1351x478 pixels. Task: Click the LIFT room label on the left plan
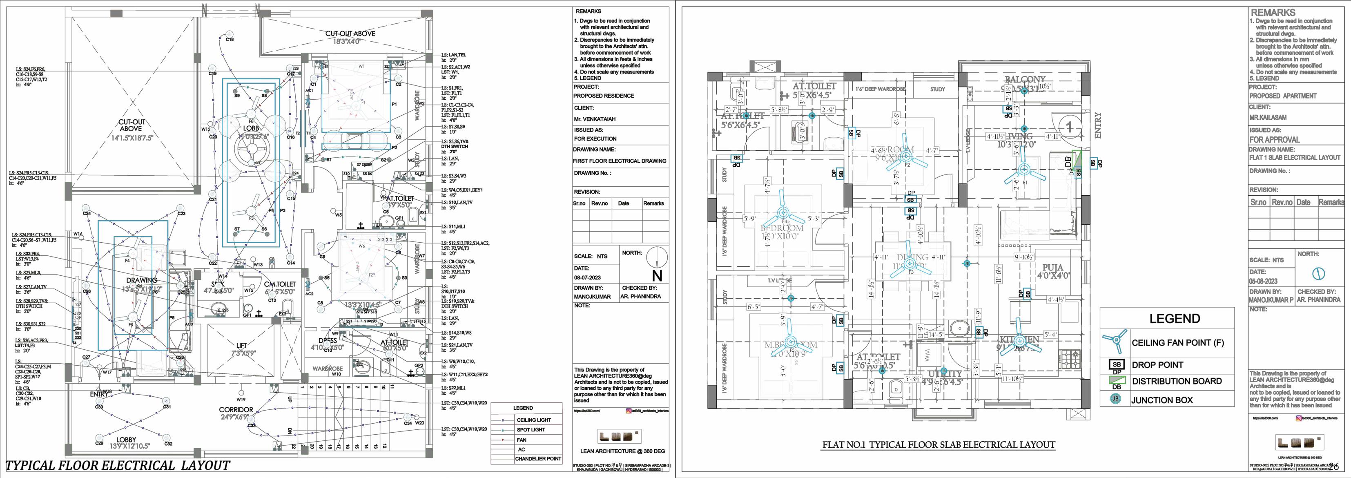241,345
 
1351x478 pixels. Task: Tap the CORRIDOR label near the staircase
236,410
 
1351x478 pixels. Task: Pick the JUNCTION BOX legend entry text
1162,400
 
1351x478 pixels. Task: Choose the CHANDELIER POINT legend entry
538,458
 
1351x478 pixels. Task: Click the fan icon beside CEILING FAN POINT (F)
1114,342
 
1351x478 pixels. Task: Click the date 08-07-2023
587,277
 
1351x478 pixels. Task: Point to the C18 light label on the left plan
230,39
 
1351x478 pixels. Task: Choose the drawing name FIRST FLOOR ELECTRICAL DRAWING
620,161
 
